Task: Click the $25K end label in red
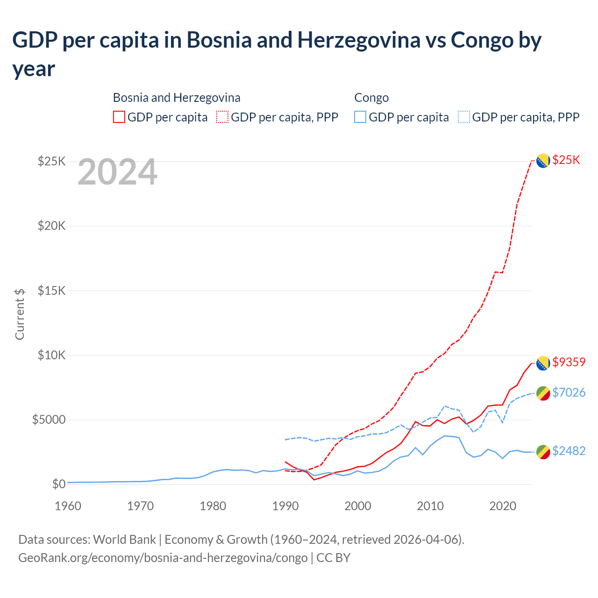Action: [x=566, y=160]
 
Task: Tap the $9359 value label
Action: [x=569, y=362]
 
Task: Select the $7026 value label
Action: [x=569, y=392]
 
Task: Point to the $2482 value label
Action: [x=569, y=451]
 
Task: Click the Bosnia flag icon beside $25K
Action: [x=542, y=161]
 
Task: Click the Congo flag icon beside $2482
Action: [x=542, y=452]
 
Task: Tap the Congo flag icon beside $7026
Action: [x=542, y=393]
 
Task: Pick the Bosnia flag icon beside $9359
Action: [x=542, y=363]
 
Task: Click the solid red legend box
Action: [x=119, y=117]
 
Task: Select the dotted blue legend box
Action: [x=464, y=117]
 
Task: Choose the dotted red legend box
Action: [x=222, y=117]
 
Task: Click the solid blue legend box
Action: [x=360, y=117]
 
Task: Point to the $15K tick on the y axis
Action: [x=52, y=291]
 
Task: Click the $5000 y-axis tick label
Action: [x=49, y=420]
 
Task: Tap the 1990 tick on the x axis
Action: [x=285, y=506]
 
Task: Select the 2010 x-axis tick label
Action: [x=430, y=506]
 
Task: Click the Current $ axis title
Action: [x=20, y=314]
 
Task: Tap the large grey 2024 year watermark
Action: [x=117, y=172]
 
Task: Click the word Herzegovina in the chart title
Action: [x=358, y=40]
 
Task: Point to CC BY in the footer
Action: [x=333, y=558]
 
